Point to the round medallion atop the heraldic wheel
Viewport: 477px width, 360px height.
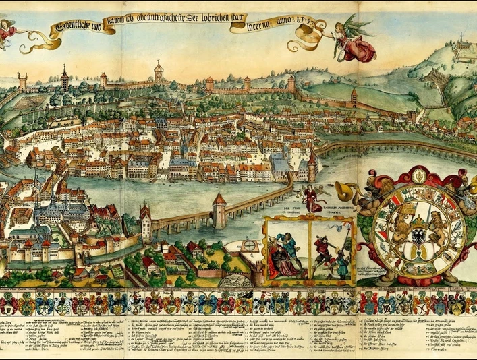click(418, 177)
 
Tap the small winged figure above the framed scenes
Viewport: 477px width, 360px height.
click(312, 198)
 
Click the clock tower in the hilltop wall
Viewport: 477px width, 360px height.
click(159, 70)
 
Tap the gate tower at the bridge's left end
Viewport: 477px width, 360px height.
click(146, 223)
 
